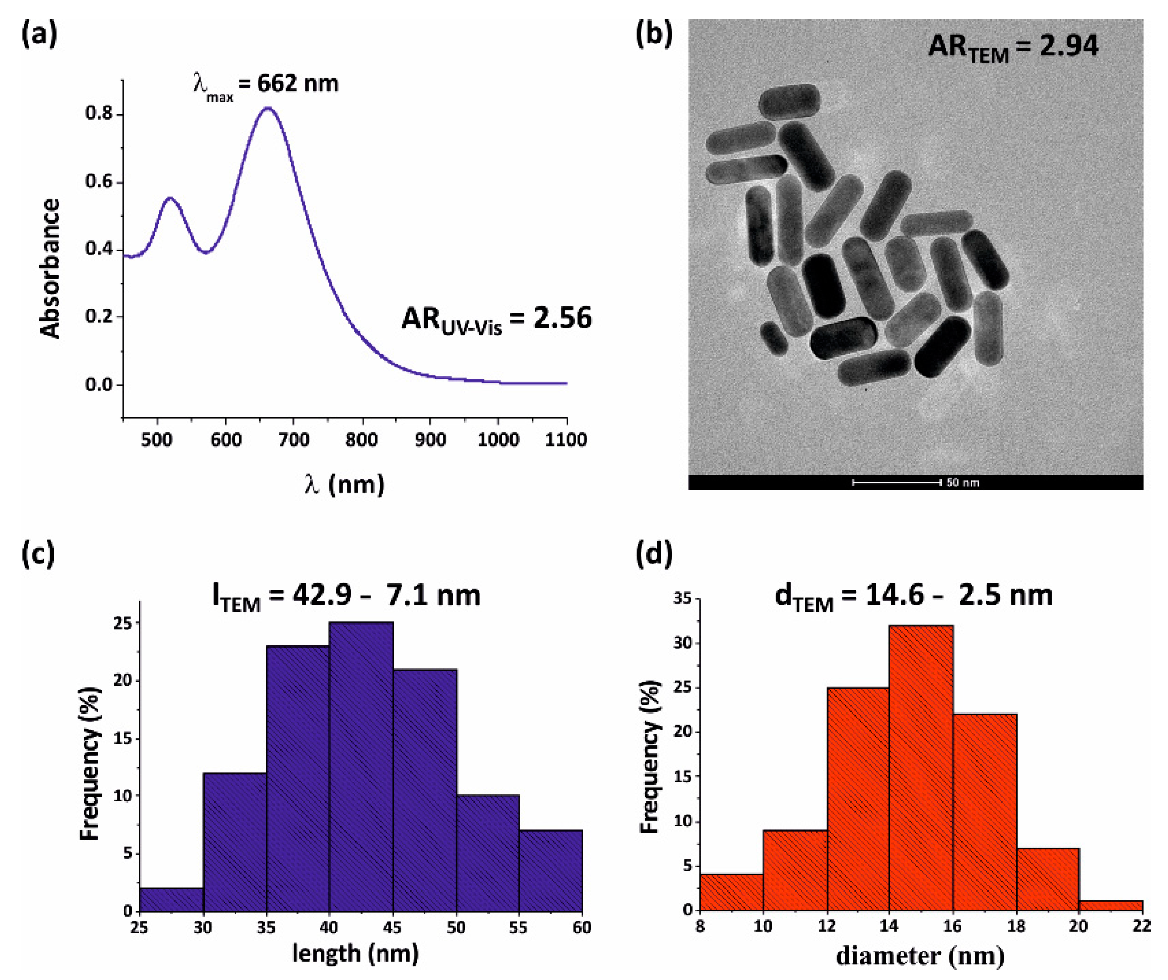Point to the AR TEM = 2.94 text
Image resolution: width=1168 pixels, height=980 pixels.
pos(1013,46)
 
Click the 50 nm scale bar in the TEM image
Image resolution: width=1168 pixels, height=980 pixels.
pos(896,482)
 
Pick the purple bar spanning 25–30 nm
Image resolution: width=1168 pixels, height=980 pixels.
pos(171,900)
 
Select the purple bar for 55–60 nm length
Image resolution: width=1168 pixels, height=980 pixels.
pos(551,870)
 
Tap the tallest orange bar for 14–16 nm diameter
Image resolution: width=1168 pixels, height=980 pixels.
pos(921,767)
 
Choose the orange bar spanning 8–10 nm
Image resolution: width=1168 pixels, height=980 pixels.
pos(731,892)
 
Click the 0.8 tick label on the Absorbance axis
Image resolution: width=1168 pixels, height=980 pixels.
pos(99,114)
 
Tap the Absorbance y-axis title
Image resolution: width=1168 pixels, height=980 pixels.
pos(51,268)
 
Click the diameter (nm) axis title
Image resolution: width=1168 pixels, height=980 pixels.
pos(920,956)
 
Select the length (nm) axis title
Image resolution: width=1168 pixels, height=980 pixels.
pos(355,953)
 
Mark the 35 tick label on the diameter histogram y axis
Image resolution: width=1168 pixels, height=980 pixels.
pos(681,599)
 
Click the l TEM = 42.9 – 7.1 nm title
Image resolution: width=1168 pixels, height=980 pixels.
pos(346,596)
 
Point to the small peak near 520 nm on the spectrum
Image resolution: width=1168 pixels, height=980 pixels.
pos(170,198)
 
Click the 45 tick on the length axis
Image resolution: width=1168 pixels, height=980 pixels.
pos(393,927)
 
